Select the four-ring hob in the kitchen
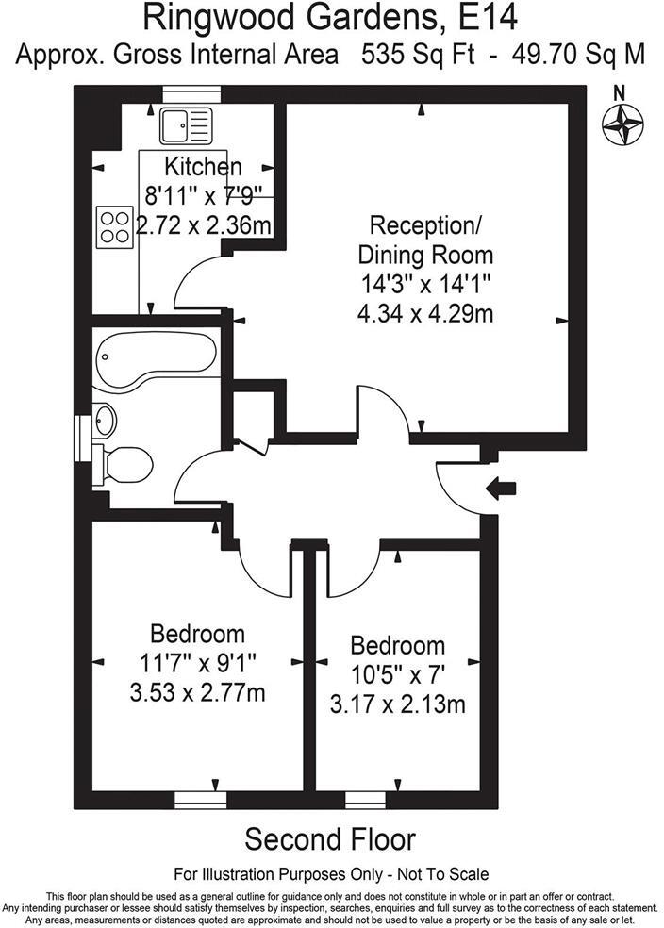(115, 226)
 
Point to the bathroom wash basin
(105, 420)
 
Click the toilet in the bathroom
(128, 464)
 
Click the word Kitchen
(203, 167)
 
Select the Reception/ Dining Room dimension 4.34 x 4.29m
(424, 313)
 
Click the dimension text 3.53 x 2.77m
(197, 694)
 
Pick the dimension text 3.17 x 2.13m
(396, 704)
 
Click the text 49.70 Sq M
(578, 54)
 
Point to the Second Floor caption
(330, 838)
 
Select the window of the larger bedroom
(201, 799)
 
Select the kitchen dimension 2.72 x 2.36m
(205, 225)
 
